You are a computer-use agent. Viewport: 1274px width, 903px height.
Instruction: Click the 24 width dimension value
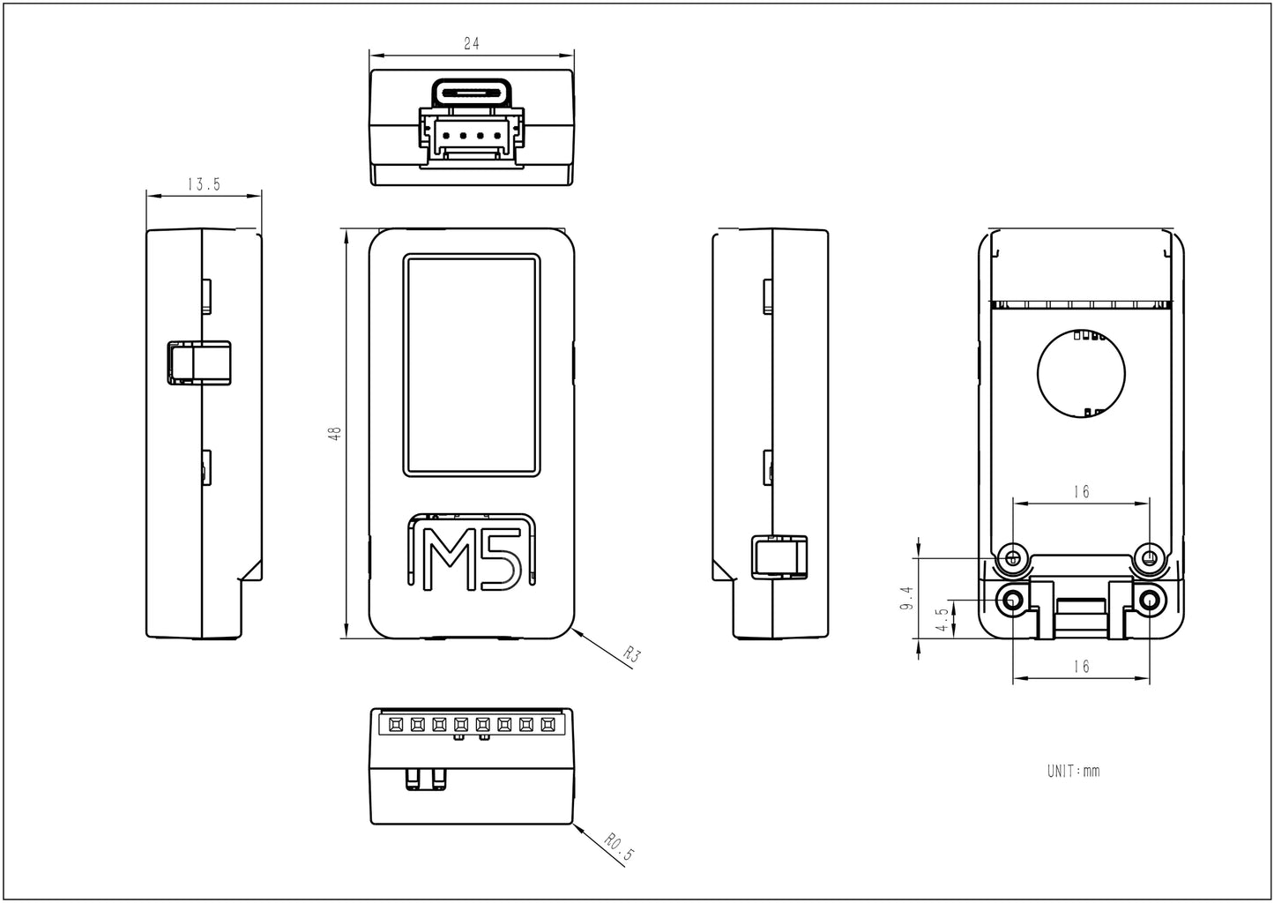click(471, 43)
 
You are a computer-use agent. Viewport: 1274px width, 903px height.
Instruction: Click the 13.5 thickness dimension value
click(204, 184)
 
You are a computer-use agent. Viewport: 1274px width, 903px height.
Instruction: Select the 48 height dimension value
click(333, 433)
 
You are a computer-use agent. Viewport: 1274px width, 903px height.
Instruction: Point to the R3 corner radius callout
click(630, 654)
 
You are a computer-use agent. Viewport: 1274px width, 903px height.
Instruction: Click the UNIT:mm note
click(1073, 771)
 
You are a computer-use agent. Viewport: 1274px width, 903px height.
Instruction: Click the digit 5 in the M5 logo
click(499, 559)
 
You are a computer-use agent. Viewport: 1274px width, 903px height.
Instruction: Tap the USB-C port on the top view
click(472, 92)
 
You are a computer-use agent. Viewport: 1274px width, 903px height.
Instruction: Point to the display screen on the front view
click(472, 365)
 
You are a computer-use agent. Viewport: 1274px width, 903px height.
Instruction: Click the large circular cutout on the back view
click(1082, 374)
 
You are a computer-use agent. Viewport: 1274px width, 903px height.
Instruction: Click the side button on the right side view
click(778, 556)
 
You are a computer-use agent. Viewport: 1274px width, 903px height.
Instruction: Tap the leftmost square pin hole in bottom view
click(395, 725)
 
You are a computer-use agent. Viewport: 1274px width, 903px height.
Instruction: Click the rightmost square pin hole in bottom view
click(548, 725)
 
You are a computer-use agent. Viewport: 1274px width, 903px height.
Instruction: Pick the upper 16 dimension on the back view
click(1082, 492)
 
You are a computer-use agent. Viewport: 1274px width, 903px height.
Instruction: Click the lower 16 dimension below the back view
click(1082, 667)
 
